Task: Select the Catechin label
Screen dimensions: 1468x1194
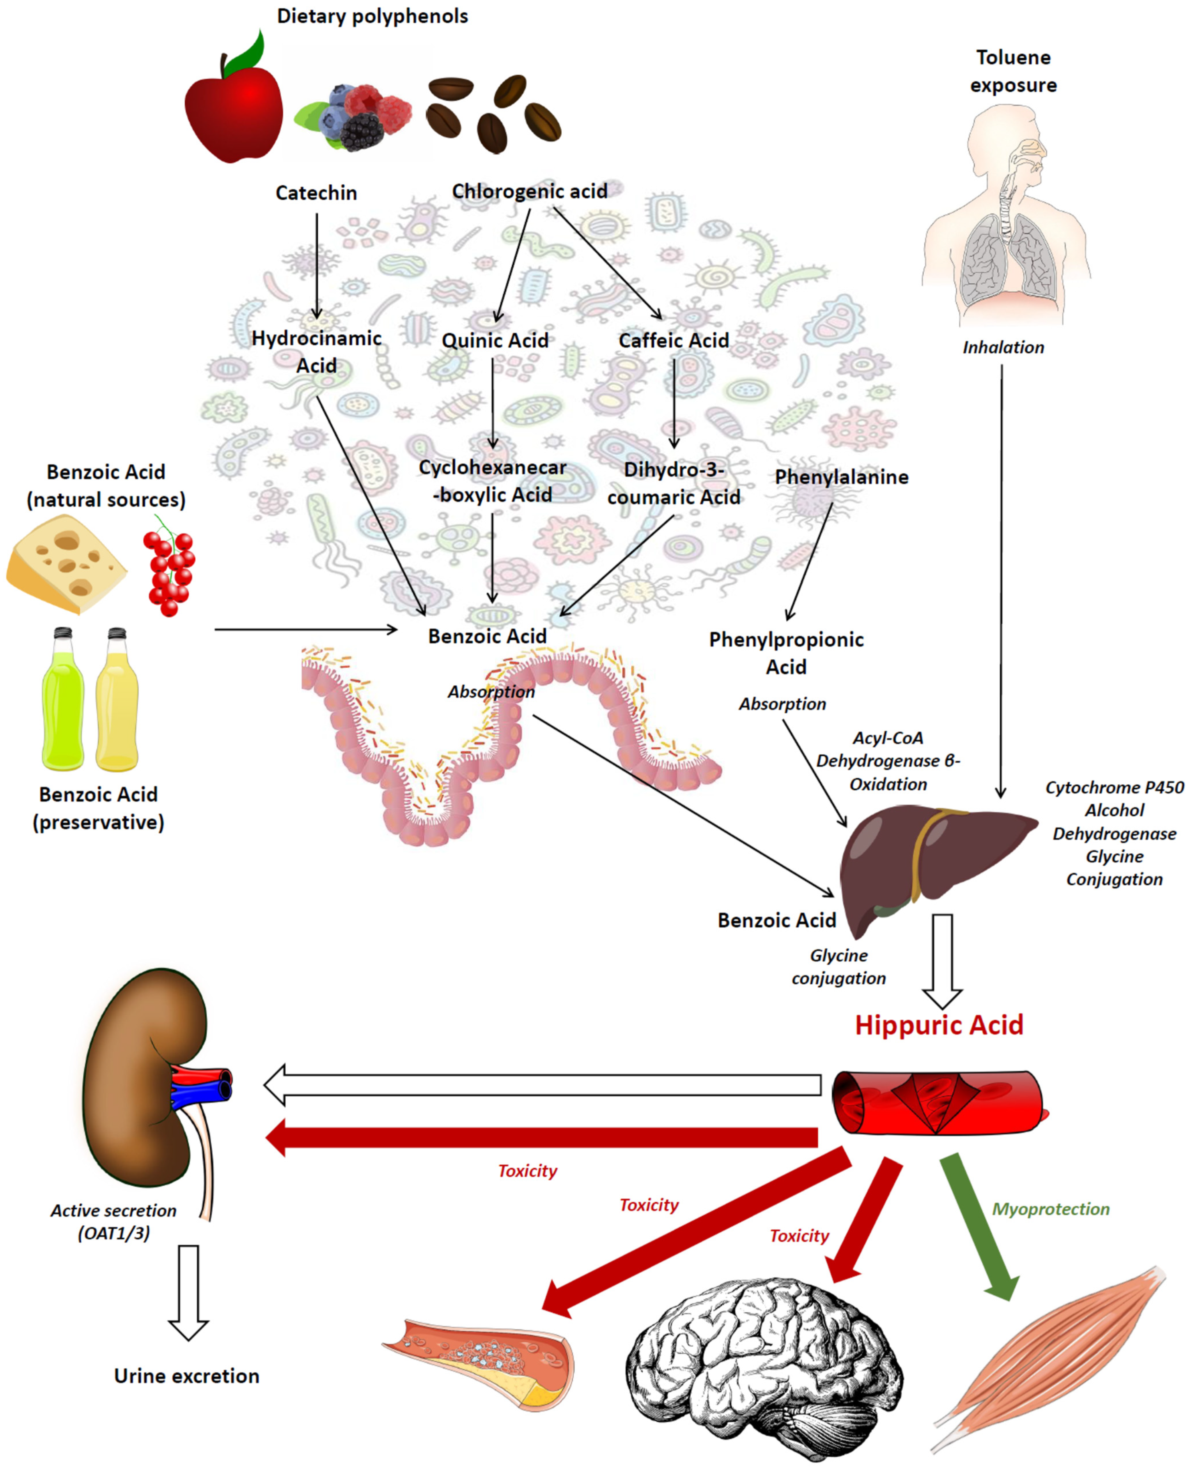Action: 316,193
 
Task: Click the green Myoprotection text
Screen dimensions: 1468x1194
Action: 1050,1209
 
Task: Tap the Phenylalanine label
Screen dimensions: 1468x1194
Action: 841,477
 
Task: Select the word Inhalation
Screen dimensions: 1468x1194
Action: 1003,347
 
